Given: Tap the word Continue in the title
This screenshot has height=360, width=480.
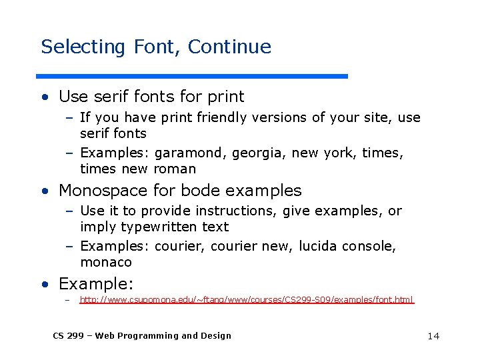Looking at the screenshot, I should coord(229,47).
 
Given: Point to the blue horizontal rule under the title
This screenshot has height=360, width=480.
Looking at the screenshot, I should coord(193,76).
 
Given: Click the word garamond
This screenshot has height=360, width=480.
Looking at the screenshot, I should coord(190,154).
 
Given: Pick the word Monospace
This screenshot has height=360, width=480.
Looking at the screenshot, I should coord(101,191).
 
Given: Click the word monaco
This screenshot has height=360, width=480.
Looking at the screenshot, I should coord(106,262).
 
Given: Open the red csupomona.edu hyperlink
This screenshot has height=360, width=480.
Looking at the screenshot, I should coord(247,301).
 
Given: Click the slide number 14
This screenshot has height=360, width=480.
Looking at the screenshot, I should coord(433,336).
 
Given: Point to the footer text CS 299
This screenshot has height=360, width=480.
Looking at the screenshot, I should coord(66,335).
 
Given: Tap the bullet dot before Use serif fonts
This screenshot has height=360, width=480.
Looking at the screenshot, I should coord(44,98).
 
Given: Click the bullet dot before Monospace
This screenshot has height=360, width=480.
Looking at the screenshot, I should coord(44,191).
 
